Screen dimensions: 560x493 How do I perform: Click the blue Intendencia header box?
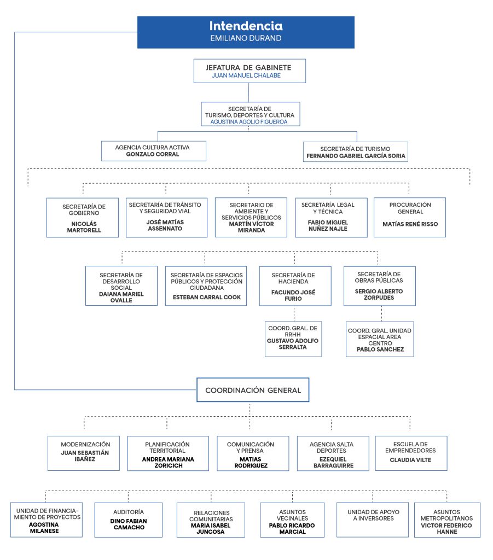[246, 32]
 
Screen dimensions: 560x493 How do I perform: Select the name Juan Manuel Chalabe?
[246, 75]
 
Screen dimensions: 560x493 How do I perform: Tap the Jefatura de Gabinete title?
[248, 67]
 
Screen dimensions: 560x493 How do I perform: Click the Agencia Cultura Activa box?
[153, 151]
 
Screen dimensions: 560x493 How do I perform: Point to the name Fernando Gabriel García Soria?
[356, 156]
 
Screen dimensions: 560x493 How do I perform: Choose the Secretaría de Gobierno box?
[82, 217]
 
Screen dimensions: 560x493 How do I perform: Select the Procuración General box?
[410, 217]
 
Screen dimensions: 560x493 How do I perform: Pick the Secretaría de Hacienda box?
[294, 285]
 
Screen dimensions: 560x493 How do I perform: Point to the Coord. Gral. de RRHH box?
[293, 339]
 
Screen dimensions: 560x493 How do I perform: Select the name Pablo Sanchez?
[380, 349]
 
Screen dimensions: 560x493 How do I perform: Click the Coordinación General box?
[253, 390]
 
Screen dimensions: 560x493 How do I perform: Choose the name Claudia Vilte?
[410, 460]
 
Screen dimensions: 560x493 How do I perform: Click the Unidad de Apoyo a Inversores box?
[372, 519]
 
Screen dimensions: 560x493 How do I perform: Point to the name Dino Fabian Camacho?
[129, 524]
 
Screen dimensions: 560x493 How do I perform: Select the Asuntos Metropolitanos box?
[446, 519]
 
